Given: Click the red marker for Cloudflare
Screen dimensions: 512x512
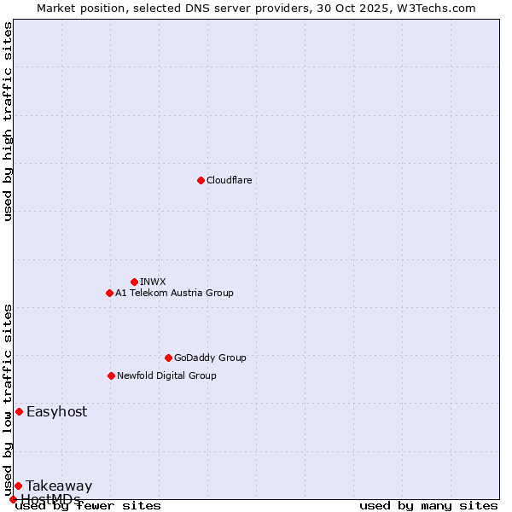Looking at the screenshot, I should (x=201, y=180).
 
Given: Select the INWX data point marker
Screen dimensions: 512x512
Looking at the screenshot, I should (x=134, y=282).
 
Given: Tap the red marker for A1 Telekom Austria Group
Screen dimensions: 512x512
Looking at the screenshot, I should (x=109, y=293).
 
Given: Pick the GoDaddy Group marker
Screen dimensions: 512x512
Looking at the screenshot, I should (x=168, y=358).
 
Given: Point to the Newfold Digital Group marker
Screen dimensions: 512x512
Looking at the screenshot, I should (x=111, y=375).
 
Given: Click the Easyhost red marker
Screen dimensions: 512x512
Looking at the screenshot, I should (x=19, y=411).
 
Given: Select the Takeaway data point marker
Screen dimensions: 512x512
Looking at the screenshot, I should (x=18, y=486).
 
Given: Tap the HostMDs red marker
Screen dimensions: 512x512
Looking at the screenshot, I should (x=13, y=499).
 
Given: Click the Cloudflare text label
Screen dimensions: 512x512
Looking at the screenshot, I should (x=229, y=180).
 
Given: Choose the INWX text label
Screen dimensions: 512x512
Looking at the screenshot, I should (x=153, y=282).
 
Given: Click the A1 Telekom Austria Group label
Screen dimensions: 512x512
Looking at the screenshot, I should (x=174, y=293).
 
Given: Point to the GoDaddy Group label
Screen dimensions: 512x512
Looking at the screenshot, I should (x=210, y=358).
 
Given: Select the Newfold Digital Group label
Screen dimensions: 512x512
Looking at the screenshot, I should (x=166, y=375).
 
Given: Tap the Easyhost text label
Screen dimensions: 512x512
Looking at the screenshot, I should (x=56, y=411).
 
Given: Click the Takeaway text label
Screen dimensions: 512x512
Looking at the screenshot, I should (x=59, y=486).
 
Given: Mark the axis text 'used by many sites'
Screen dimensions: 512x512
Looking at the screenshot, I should (x=428, y=505).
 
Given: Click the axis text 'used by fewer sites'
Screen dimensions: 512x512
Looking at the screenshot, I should (x=89, y=505).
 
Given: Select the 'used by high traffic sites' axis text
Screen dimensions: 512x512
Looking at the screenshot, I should (x=8, y=121).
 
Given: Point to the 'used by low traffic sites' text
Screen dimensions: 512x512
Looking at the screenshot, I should (x=8, y=399).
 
